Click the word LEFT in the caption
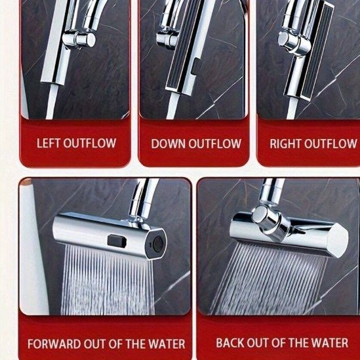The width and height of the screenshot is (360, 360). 49,143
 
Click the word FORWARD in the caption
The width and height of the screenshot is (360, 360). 54,344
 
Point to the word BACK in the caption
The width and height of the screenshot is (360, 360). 230,343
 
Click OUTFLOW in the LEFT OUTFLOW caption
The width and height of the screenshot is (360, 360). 90,143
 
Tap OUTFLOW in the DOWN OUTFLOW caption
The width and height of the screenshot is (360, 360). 214,144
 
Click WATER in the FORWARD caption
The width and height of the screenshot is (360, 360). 167,344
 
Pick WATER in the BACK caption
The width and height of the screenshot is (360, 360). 329,343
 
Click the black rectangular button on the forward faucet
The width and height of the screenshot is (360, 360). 117,241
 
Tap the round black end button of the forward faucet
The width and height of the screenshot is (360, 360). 158,244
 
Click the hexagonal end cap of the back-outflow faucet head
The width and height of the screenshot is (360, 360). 338,241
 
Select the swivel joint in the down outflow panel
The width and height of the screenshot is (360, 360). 168,39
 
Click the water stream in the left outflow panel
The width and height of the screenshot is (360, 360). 52,102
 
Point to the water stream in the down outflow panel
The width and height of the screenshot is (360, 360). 172,105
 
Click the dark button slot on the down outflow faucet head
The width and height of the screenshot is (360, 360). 195,67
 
